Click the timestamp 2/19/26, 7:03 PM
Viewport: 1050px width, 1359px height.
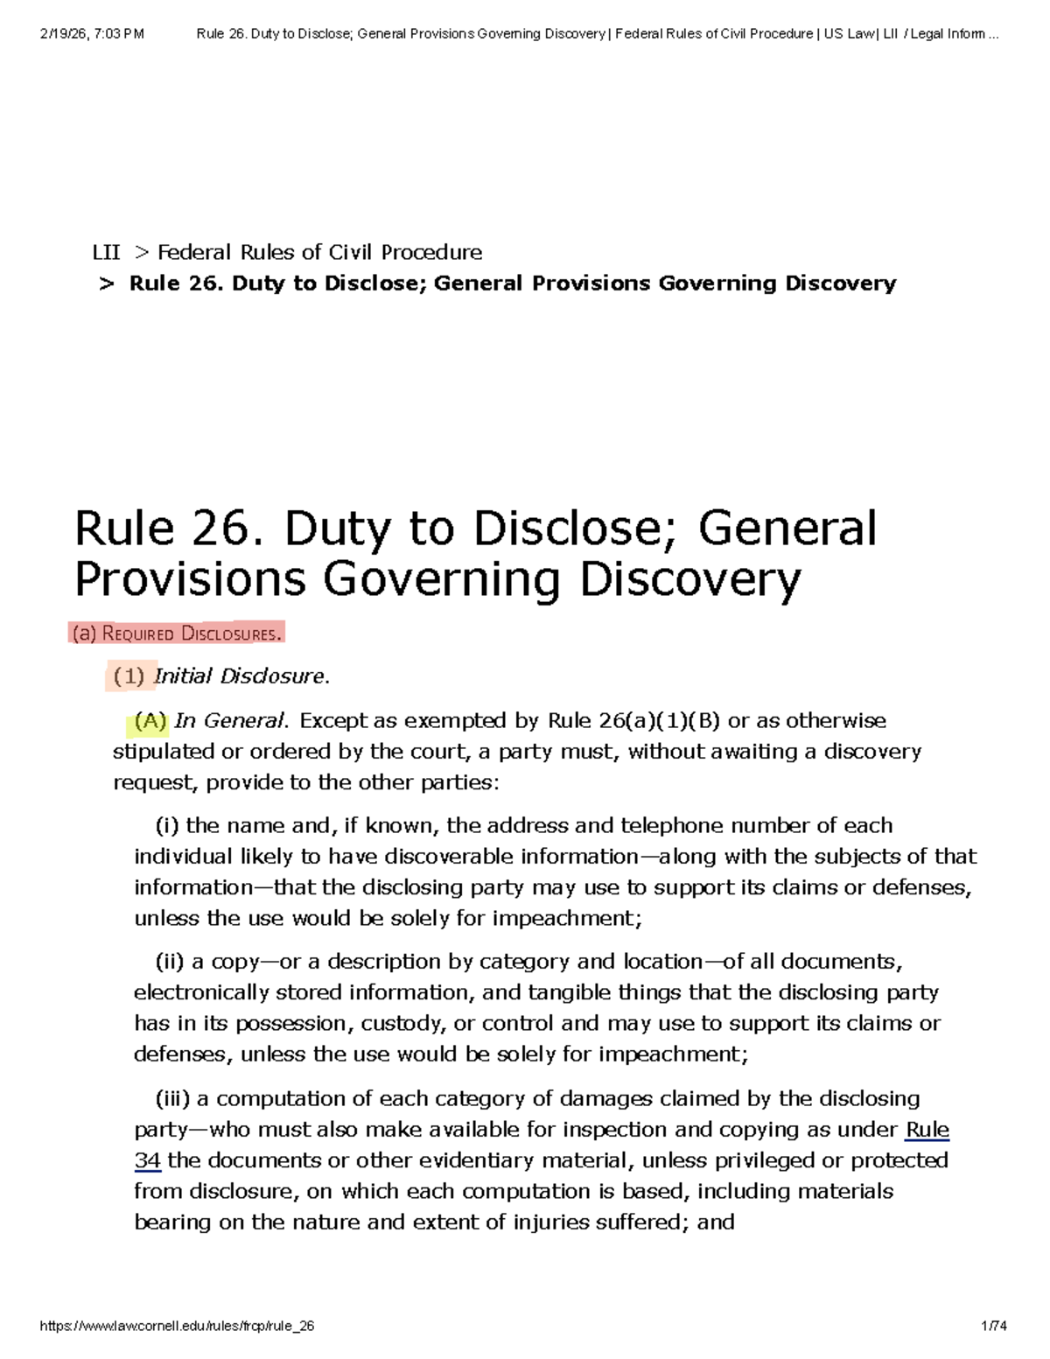(x=92, y=34)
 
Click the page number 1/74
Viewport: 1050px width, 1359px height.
(x=994, y=1326)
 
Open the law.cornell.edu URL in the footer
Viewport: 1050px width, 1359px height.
(x=178, y=1326)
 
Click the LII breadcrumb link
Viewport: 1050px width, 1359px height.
(x=106, y=253)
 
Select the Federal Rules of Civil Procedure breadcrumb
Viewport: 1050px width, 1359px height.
(x=319, y=253)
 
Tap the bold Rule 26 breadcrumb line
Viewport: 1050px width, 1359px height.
(x=512, y=284)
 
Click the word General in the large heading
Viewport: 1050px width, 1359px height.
(x=787, y=529)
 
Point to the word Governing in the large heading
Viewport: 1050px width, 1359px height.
(x=441, y=579)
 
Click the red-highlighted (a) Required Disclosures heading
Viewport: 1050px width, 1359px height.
(x=177, y=634)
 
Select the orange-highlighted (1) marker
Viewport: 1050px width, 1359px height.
(x=129, y=676)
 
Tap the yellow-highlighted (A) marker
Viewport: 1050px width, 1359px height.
(x=150, y=721)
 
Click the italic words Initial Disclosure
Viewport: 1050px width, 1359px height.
(x=239, y=676)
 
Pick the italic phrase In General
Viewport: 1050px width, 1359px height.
(x=230, y=721)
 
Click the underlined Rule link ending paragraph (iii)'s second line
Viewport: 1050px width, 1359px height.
(x=927, y=1130)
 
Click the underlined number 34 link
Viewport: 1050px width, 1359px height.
(x=147, y=1160)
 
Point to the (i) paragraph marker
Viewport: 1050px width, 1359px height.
(x=167, y=826)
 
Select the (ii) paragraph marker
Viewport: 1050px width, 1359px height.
(x=170, y=962)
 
